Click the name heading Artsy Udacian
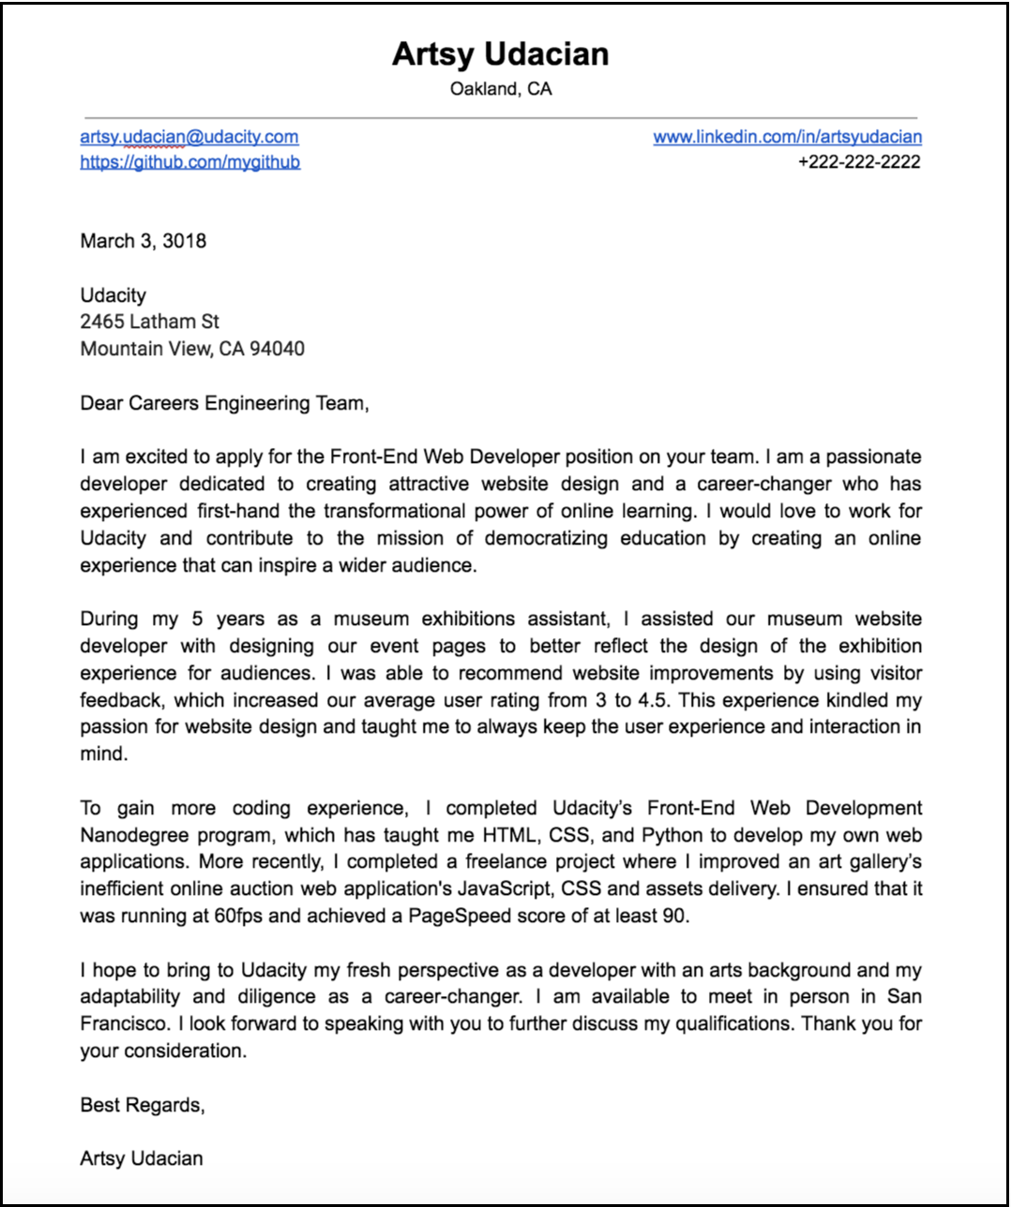point(500,54)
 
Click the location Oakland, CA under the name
point(500,89)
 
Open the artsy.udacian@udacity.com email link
point(189,137)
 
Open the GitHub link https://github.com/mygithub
point(190,162)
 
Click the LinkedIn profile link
point(787,137)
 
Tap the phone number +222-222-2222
point(859,162)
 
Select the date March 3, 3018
point(143,241)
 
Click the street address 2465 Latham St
point(149,321)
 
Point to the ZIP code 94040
point(277,349)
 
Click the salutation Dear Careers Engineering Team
point(224,403)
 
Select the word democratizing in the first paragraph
point(546,538)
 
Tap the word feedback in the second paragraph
point(121,700)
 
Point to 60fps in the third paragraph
point(238,916)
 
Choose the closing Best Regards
point(142,1105)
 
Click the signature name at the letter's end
point(142,1158)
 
